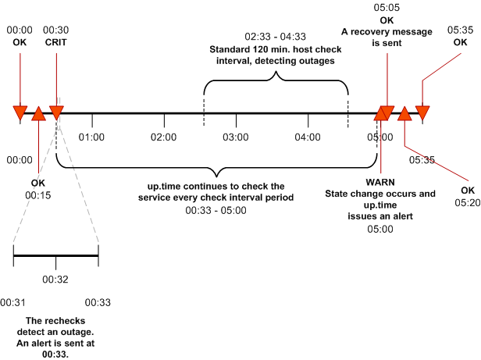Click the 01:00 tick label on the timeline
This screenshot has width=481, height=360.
pos(91,137)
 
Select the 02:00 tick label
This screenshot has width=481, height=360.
pos(163,137)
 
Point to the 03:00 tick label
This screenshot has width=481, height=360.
pos(235,137)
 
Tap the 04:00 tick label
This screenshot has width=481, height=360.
pos(308,137)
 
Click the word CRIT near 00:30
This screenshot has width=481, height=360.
pos(56,41)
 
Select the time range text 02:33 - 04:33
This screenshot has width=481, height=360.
pos(275,37)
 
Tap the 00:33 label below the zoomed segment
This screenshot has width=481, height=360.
pos(97,301)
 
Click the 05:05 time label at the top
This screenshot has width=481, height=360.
pos(387,7)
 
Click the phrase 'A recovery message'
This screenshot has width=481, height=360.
pos(387,31)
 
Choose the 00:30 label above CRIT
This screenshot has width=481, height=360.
pos(56,30)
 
